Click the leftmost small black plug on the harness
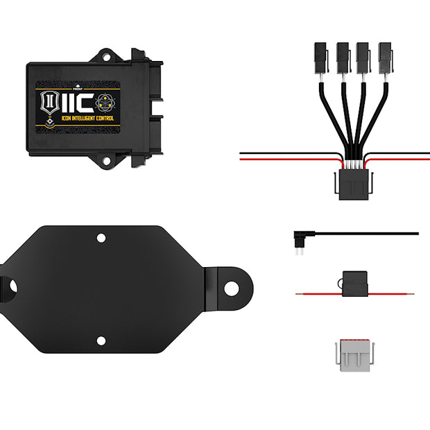coord(320,53)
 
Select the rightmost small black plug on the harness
coord(385,53)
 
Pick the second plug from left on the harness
coord(342,53)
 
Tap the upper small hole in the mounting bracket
coord(101,238)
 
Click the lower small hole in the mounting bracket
coord(101,341)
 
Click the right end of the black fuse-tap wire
coord(416,234)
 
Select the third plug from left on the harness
coord(363,53)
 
